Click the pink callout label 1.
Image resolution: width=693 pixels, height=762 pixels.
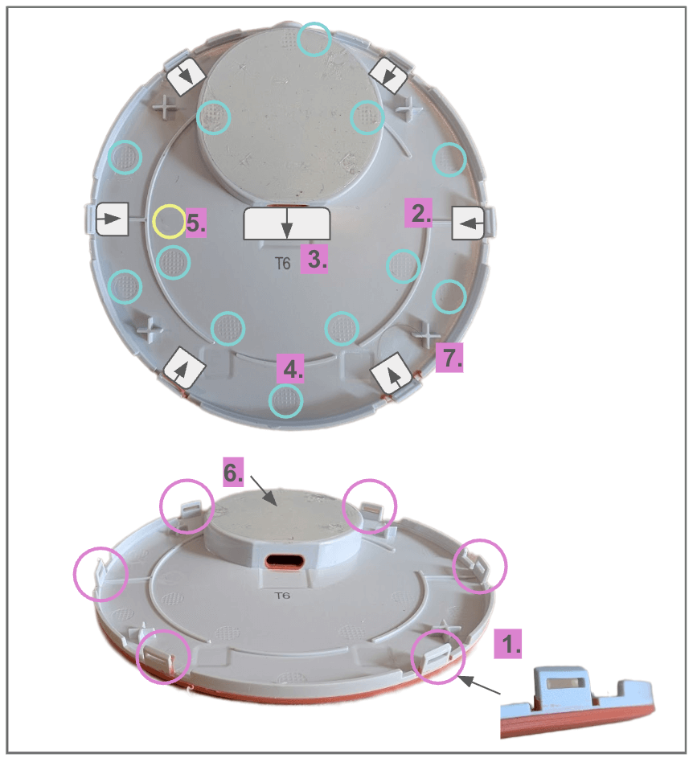coord(508,644)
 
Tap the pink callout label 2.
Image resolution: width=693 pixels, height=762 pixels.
coord(418,213)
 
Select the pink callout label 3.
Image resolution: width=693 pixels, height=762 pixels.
coord(314,259)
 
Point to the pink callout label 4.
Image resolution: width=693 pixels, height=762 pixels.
coord(290,368)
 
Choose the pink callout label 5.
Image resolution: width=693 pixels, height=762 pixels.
coord(196,223)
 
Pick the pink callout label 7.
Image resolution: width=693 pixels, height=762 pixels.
coord(449,358)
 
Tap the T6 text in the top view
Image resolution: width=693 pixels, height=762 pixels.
coord(283,264)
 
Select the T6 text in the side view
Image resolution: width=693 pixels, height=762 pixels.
coord(282,596)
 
